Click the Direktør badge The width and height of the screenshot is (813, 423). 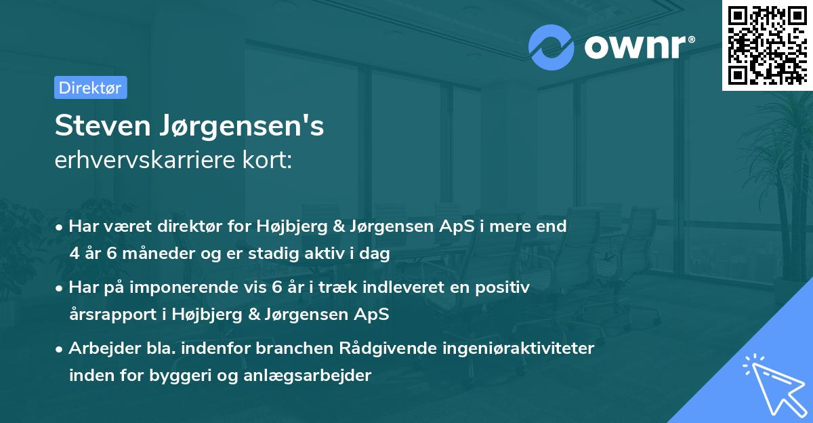pyautogui.click(x=90, y=87)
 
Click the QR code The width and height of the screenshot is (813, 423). pyautogui.click(x=766, y=45)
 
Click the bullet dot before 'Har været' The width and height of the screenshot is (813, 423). pyautogui.click(x=60, y=227)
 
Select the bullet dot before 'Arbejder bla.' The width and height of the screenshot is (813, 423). pyautogui.click(x=60, y=349)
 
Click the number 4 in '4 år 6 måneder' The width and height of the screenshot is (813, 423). pyautogui.click(x=74, y=253)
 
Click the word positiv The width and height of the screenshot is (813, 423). pyautogui.click(x=505, y=287)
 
